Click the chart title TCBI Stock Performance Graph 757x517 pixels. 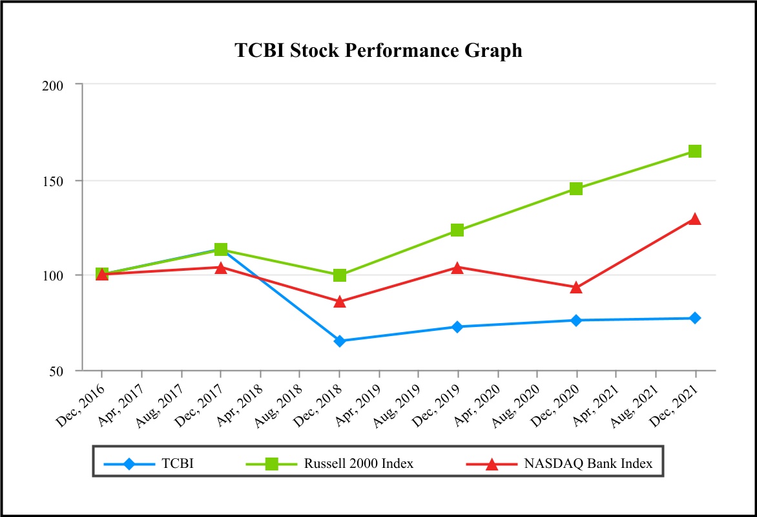click(378, 50)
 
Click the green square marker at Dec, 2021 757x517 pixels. click(695, 151)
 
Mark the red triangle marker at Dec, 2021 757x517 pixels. click(695, 219)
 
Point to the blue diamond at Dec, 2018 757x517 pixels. click(340, 341)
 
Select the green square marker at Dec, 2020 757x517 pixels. click(576, 189)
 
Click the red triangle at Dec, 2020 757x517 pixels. click(576, 288)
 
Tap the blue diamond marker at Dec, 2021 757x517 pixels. click(695, 318)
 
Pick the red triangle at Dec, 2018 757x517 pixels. click(340, 302)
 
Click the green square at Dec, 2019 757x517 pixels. click(457, 230)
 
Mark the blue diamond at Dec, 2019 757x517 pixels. click(457, 327)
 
